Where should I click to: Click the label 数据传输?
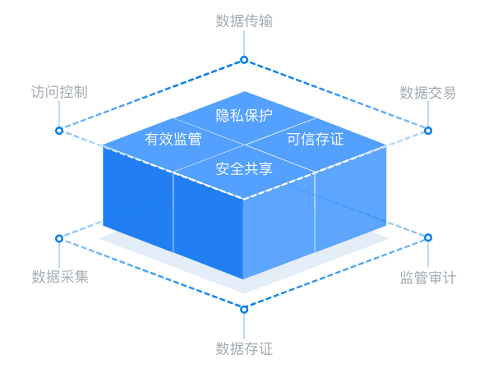pyautogui.click(x=244, y=21)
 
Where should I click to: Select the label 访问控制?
pyautogui.click(x=59, y=92)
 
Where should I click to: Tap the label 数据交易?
pyautogui.click(x=428, y=93)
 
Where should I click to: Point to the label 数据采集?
pyautogui.click(x=60, y=277)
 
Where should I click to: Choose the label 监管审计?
pyautogui.click(x=428, y=278)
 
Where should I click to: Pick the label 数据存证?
pyautogui.click(x=244, y=348)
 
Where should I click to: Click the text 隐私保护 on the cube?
pyautogui.click(x=244, y=115)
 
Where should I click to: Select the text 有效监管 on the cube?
pyautogui.click(x=173, y=139)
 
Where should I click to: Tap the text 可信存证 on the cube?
pyautogui.click(x=316, y=139)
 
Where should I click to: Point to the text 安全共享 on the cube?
pyautogui.click(x=244, y=168)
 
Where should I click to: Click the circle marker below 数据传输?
pyautogui.click(x=244, y=60)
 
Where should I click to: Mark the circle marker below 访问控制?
pyautogui.click(x=59, y=131)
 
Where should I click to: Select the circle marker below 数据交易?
pyautogui.click(x=428, y=131)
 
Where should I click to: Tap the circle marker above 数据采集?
pyautogui.click(x=59, y=238)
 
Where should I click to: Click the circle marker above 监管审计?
pyautogui.click(x=428, y=237)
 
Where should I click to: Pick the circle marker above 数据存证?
pyautogui.click(x=244, y=310)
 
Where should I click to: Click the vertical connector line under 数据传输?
pyautogui.click(x=244, y=43)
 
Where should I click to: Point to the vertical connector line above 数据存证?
pyautogui.click(x=244, y=326)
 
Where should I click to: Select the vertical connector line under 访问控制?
pyautogui.click(x=59, y=114)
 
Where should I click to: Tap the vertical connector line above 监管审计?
pyautogui.click(x=428, y=255)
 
